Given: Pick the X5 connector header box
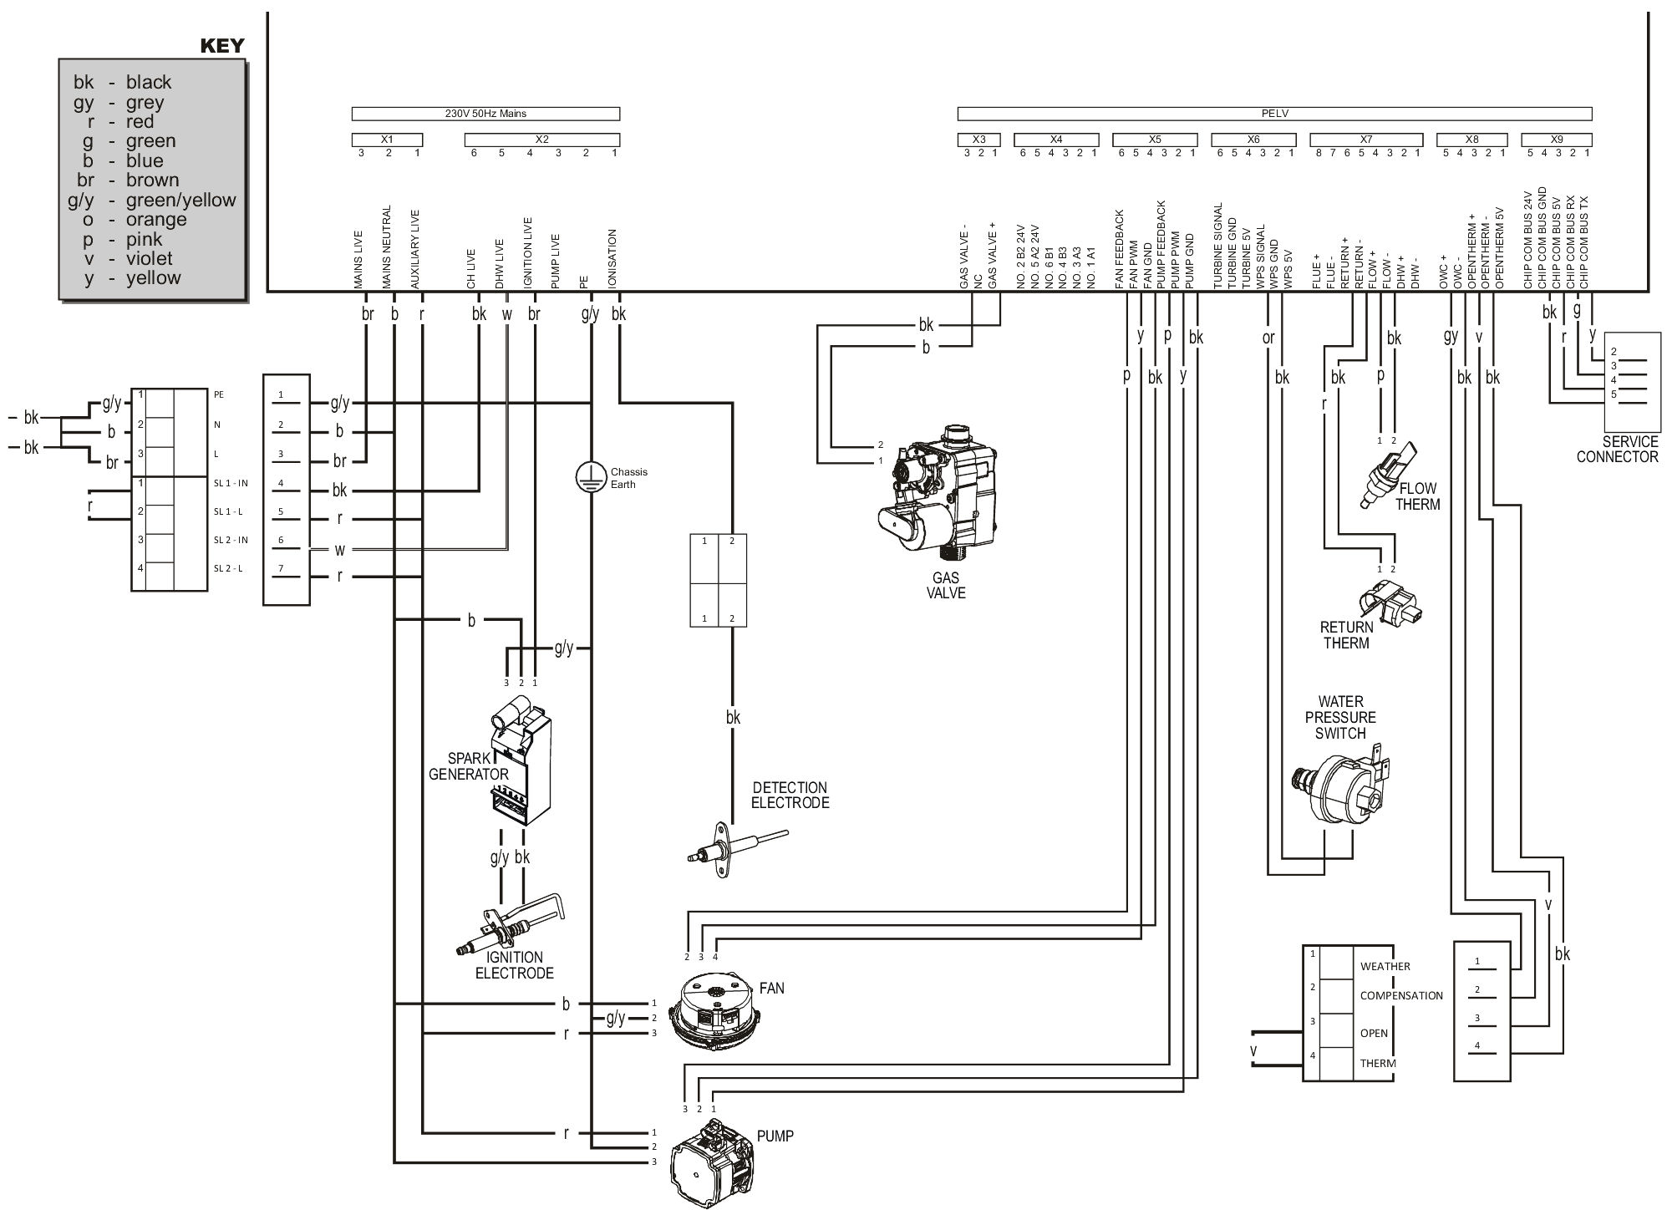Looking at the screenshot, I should tap(1154, 140).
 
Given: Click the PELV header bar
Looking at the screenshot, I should tap(1273, 113).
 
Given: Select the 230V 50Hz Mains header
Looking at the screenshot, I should tap(485, 113).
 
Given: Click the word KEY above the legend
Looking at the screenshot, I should tap(222, 46).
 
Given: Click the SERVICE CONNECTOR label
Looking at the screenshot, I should tap(1616, 450).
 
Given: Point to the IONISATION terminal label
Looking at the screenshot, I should tap(613, 259).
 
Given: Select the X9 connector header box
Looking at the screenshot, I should tap(1556, 140).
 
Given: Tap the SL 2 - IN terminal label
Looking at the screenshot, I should tap(231, 540).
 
